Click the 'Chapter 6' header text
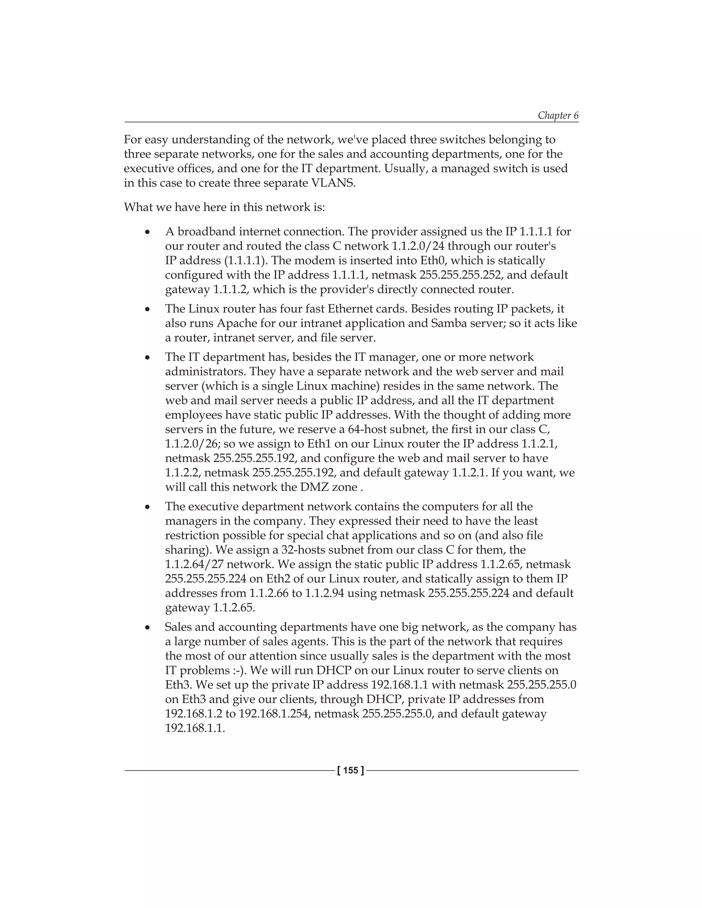point(558,115)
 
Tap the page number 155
point(351,770)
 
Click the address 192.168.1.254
point(274,714)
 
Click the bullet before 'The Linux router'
point(147,310)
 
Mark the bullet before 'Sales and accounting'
point(147,628)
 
